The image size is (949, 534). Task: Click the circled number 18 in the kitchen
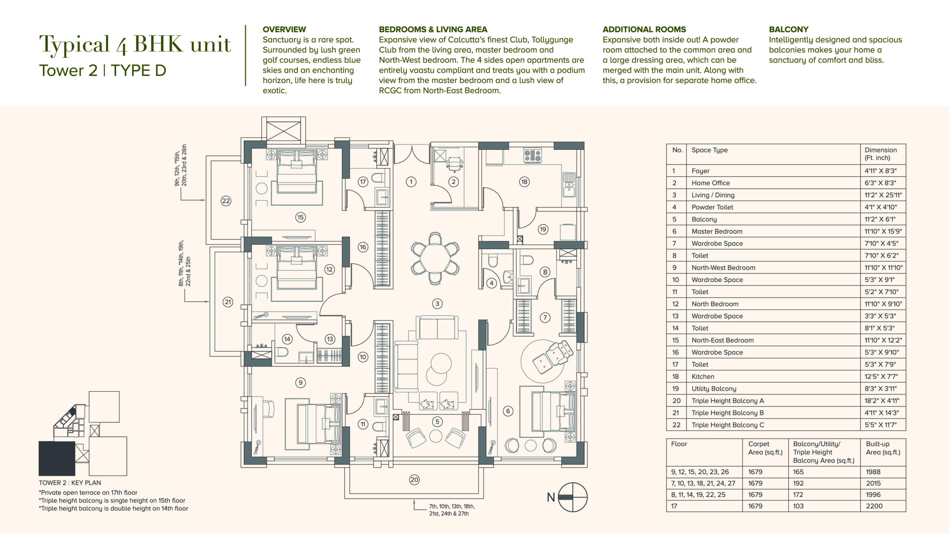pyautogui.click(x=524, y=182)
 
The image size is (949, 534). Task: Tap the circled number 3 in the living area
pyautogui.click(x=437, y=303)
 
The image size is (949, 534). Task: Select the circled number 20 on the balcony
pyautogui.click(x=414, y=480)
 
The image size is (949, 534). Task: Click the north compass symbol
pyautogui.click(x=573, y=497)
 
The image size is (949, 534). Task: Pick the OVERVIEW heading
pyautogui.click(x=284, y=29)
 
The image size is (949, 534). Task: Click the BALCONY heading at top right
pyautogui.click(x=788, y=29)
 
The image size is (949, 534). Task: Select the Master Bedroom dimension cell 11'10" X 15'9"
pyautogui.click(x=883, y=231)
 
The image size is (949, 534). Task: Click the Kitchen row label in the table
pyautogui.click(x=702, y=376)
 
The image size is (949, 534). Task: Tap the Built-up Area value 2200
pyautogui.click(x=874, y=506)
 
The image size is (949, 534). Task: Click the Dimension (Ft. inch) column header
pyautogui.click(x=881, y=154)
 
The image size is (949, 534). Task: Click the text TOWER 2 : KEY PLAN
pyautogui.click(x=70, y=483)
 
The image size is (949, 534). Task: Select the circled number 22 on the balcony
pyautogui.click(x=226, y=201)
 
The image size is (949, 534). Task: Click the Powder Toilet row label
pyautogui.click(x=712, y=207)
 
